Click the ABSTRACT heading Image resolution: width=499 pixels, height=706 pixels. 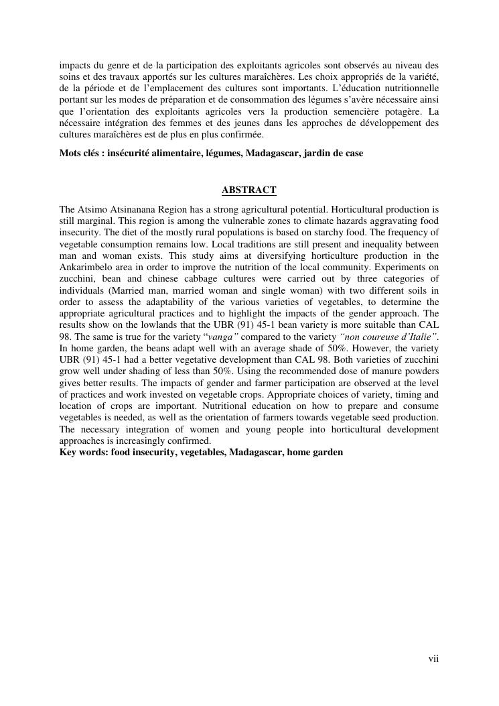click(248, 190)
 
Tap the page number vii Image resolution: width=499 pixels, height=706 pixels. click(433, 659)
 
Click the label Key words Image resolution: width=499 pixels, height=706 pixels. click(84, 452)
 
